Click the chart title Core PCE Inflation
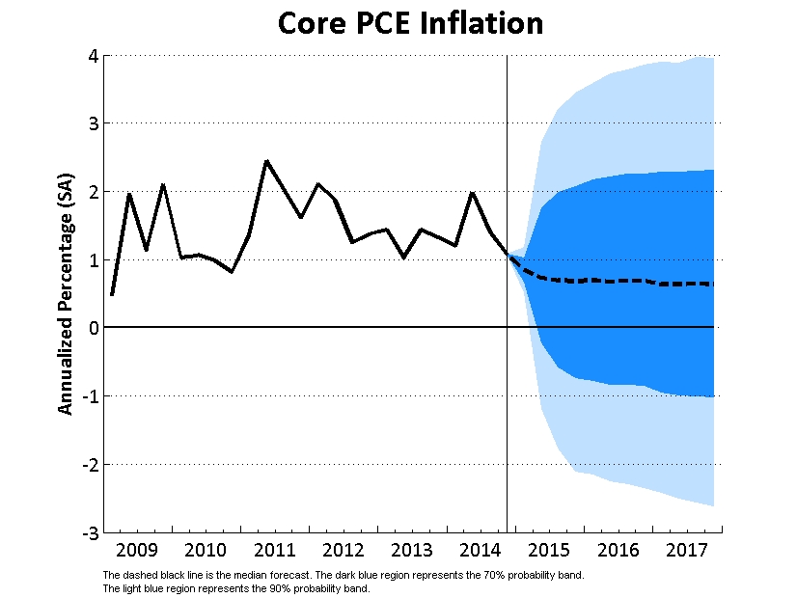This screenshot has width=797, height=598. (410, 23)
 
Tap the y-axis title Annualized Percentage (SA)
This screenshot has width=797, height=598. (66, 294)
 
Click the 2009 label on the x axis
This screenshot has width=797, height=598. (137, 552)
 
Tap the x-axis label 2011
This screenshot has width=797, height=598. (275, 552)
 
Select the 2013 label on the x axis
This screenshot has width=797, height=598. (412, 552)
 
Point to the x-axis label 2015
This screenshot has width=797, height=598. (550, 552)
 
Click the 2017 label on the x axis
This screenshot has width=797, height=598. (687, 552)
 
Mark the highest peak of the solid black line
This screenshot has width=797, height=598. (266, 161)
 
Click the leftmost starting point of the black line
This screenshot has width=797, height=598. (112, 295)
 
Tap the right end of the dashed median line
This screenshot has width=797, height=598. (713, 285)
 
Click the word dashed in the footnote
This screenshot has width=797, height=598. (133, 575)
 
